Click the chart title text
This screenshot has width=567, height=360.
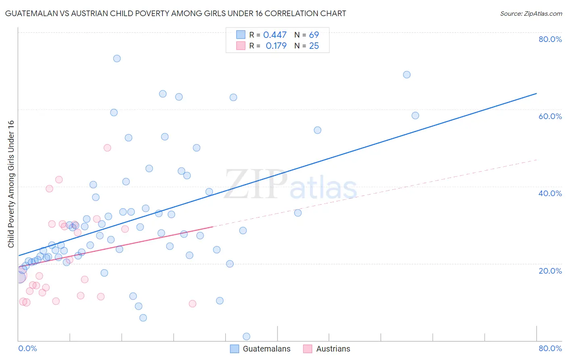175,13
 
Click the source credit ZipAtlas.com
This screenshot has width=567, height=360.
531,13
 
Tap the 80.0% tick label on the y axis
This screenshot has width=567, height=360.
550,39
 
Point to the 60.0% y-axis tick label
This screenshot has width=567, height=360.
550,116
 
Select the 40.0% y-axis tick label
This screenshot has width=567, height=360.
550,193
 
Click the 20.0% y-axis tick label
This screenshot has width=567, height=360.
550,270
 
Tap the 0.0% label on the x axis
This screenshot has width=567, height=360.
27,348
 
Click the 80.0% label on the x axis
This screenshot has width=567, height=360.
550,348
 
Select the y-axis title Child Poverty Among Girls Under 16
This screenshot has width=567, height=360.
11,184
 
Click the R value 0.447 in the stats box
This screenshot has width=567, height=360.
275,35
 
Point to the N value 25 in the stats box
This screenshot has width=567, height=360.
314,46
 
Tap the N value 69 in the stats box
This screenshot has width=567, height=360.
314,35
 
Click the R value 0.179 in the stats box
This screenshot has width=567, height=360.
276,46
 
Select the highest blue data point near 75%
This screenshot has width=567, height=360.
117,59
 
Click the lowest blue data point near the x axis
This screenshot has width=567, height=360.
246,337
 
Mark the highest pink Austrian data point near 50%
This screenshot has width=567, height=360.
107,148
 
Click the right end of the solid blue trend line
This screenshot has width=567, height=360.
536,94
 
